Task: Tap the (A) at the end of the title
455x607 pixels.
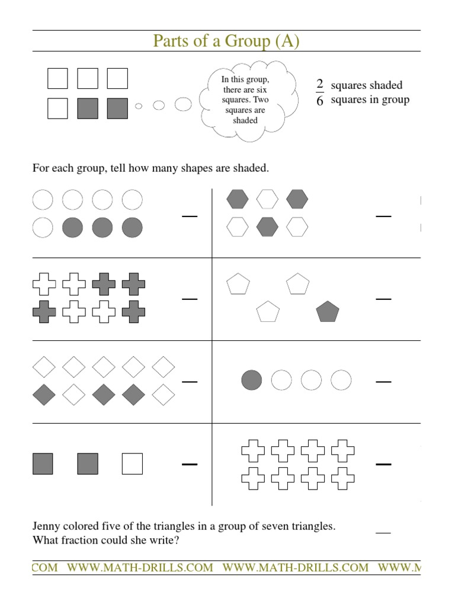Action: (x=286, y=41)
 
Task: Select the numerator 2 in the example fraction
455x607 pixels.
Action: (x=320, y=85)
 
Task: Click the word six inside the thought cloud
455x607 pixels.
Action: (x=261, y=89)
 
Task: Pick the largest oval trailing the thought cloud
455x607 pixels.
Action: (x=183, y=105)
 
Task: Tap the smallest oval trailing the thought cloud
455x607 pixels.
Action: (x=139, y=106)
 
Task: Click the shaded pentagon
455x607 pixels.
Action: (x=328, y=311)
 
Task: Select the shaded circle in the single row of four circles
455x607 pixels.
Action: (x=251, y=380)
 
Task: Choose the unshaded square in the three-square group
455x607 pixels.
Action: (x=133, y=464)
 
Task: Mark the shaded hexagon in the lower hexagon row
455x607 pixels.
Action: (x=267, y=226)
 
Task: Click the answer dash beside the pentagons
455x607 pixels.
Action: (x=383, y=299)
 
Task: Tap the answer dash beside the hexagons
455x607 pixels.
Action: (x=383, y=216)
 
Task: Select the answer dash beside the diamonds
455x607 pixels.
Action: (x=190, y=382)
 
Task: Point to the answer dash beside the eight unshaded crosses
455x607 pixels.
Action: (x=383, y=465)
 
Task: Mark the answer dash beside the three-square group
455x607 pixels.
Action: (x=190, y=465)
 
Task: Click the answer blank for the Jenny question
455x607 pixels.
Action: (x=383, y=533)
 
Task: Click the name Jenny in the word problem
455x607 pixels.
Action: (x=47, y=526)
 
